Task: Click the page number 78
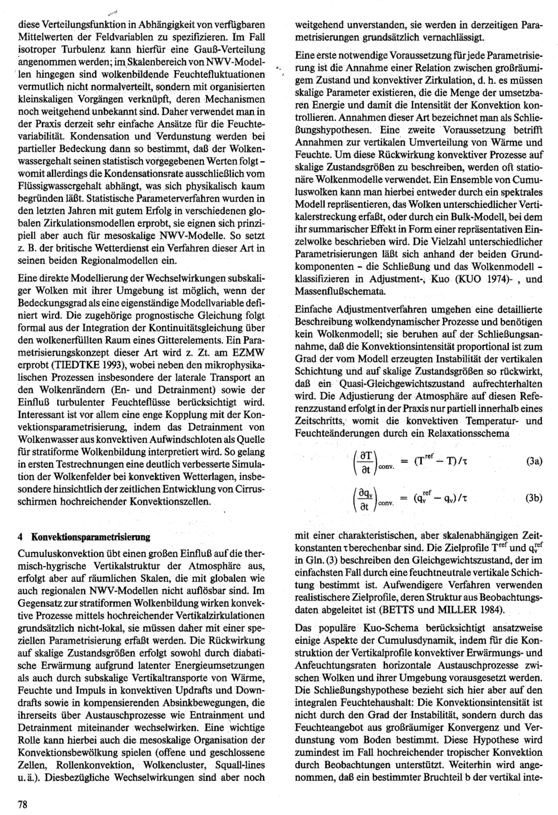point(23,804)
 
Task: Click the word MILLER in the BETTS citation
point(482,608)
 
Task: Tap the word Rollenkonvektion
point(96,764)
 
